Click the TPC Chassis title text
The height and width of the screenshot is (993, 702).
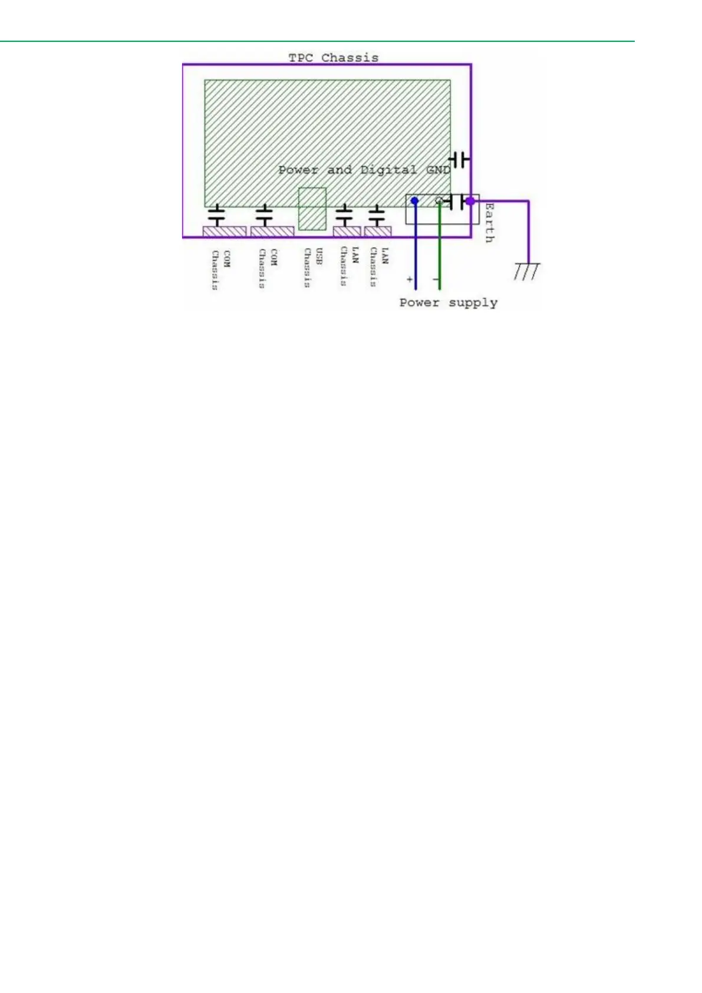pyautogui.click(x=333, y=58)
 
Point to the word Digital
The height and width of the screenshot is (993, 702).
pyautogui.click(x=388, y=170)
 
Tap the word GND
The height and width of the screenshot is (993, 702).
pyautogui.click(x=438, y=170)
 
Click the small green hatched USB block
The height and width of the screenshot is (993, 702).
pyautogui.click(x=312, y=209)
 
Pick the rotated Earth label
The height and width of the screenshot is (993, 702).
pyautogui.click(x=489, y=223)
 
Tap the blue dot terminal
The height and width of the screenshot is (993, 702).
pyautogui.click(x=415, y=201)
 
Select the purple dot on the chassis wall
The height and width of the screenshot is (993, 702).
pyautogui.click(x=470, y=201)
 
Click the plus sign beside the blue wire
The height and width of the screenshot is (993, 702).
pyautogui.click(x=410, y=279)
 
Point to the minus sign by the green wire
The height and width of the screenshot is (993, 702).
pyautogui.click(x=435, y=279)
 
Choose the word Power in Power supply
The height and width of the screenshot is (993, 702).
pyautogui.click(x=419, y=303)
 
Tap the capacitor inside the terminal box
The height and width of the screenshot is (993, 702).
pyautogui.click(x=456, y=202)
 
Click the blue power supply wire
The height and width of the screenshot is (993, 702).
pyautogui.click(x=416, y=254)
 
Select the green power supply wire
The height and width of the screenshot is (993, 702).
pyautogui.click(x=440, y=254)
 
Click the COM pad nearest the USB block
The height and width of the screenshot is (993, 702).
pyautogui.click(x=272, y=231)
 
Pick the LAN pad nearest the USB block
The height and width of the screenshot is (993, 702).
pyautogui.click(x=347, y=231)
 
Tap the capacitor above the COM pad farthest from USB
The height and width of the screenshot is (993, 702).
pyautogui.click(x=217, y=215)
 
